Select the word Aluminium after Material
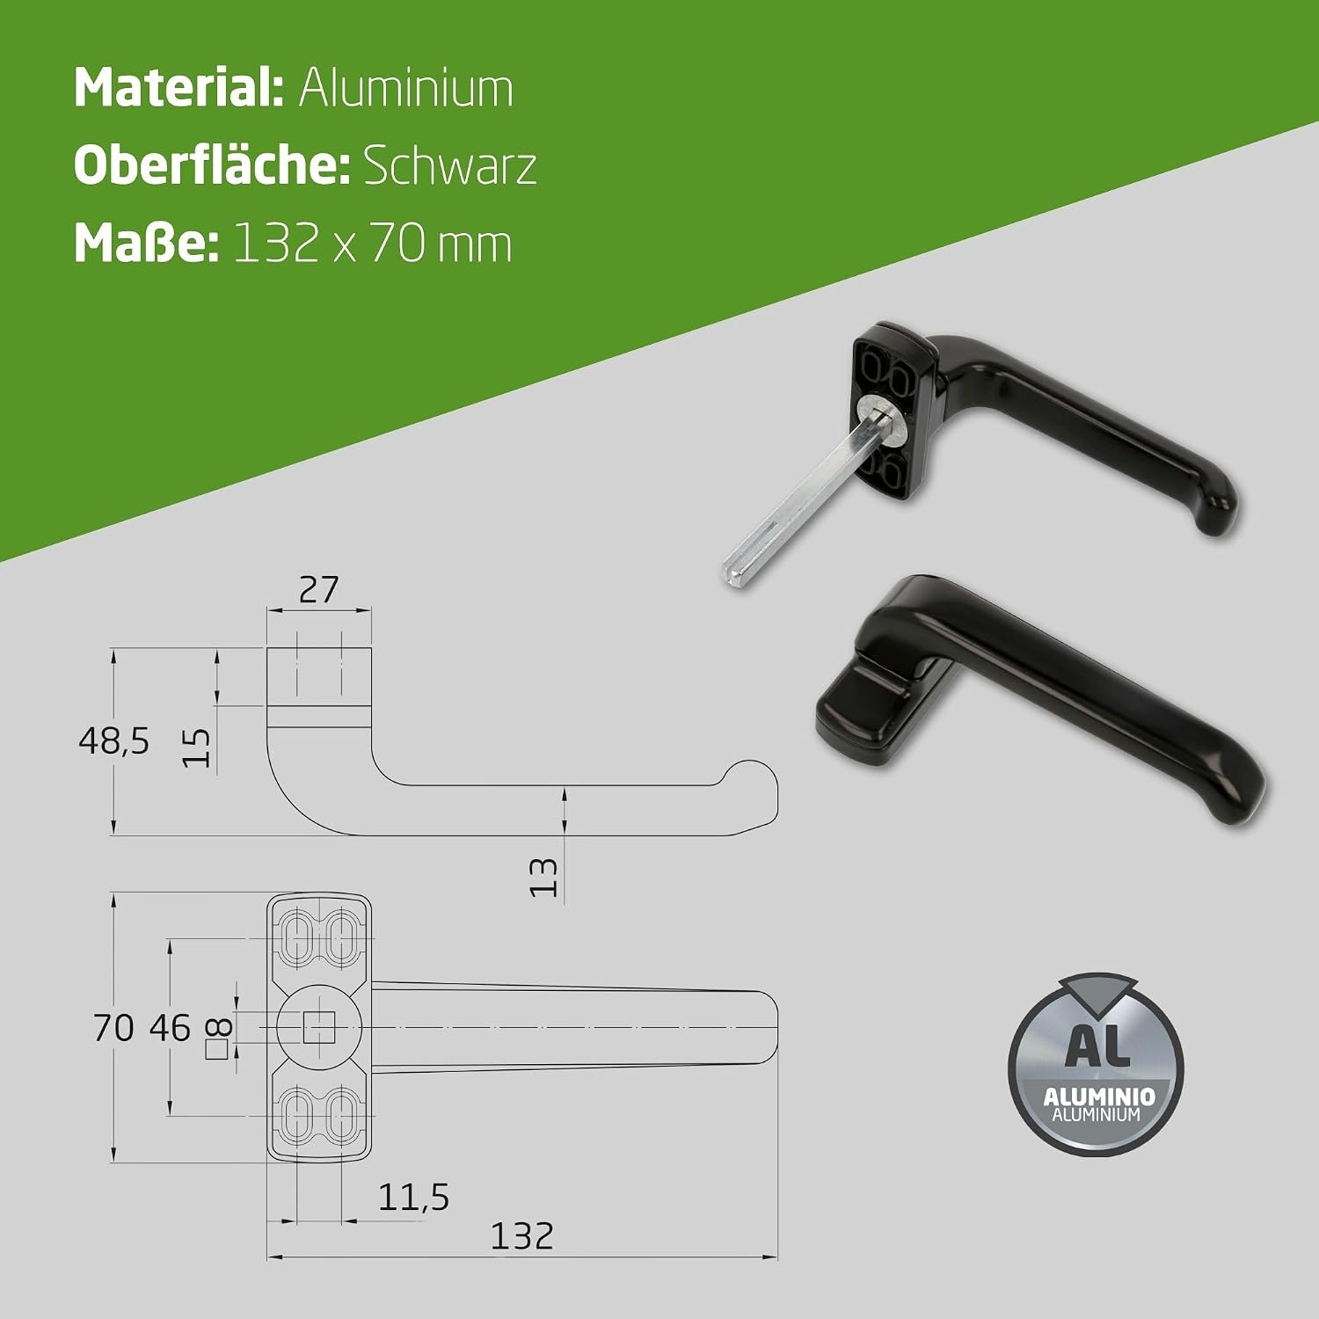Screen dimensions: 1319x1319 [x=406, y=88]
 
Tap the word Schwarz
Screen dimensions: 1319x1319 [x=449, y=165]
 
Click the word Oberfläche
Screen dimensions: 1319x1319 [x=211, y=165]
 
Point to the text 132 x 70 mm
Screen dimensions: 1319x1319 [x=373, y=244]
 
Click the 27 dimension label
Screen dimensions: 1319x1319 [x=318, y=589]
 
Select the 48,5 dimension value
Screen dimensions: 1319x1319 [x=114, y=741]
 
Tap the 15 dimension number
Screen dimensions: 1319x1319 [x=196, y=747]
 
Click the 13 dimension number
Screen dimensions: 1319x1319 [x=543, y=877]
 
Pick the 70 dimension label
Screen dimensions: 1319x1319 [x=113, y=1027]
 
